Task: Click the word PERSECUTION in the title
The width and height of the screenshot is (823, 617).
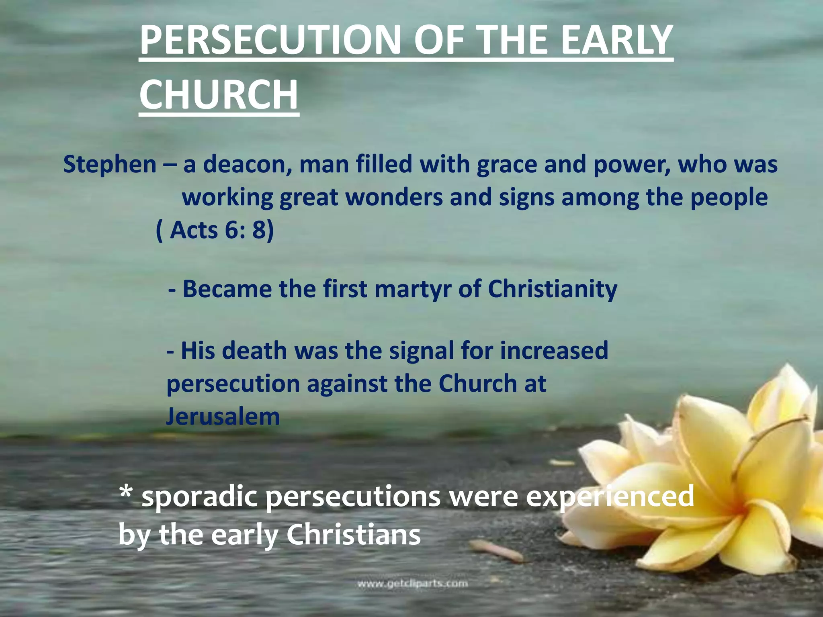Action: pos(270,40)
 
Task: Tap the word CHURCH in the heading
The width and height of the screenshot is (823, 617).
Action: pos(219,95)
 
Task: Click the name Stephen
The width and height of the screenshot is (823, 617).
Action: pos(110,165)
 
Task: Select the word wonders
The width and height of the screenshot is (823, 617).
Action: pos(393,198)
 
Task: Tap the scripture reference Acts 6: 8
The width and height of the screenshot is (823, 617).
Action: pos(215,231)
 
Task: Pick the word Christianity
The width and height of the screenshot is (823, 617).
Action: pos(552,289)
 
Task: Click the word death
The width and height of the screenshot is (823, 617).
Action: pos(254,351)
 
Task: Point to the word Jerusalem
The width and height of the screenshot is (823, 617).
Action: pos(223,416)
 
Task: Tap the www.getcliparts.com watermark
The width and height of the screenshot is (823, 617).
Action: pos(412,583)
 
